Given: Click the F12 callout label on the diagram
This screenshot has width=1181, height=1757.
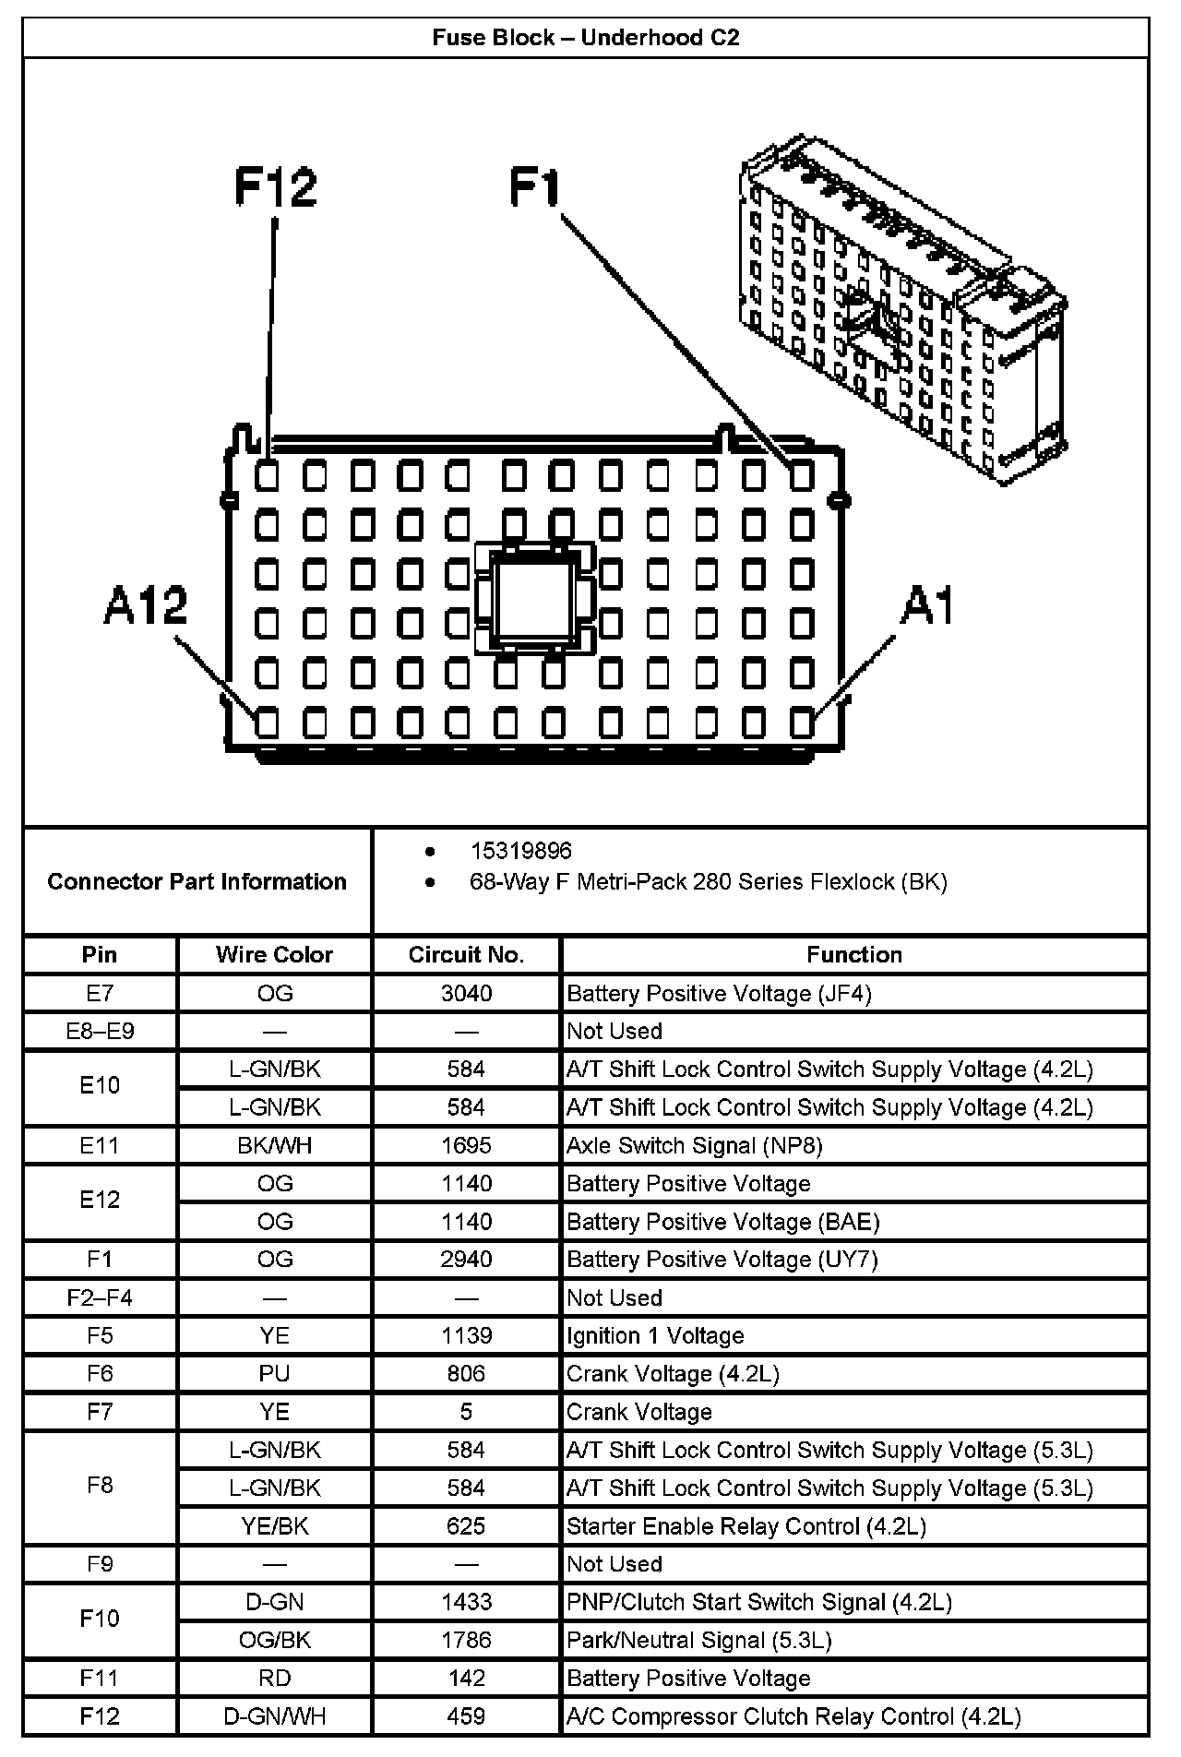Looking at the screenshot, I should [275, 186].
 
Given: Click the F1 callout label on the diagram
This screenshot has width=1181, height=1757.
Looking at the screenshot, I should [535, 186].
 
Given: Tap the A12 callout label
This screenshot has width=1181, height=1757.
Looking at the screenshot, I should [145, 606].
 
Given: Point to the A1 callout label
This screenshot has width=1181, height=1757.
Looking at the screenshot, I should [927, 606].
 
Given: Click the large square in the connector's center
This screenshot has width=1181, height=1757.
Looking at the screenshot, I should [534, 598].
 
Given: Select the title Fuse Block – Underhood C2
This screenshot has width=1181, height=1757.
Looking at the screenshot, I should [586, 38].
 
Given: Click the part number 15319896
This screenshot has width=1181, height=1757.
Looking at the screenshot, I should [520, 851].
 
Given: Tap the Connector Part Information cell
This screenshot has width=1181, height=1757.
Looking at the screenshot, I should [197, 881].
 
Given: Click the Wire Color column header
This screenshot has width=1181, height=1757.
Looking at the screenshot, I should [274, 954].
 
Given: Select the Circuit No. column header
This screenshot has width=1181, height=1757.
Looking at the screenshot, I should [466, 954].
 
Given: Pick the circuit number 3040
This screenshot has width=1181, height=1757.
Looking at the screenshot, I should [466, 993].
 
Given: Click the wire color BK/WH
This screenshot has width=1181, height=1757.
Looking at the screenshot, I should [274, 1145].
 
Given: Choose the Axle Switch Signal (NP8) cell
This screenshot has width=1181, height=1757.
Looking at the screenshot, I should [694, 1145].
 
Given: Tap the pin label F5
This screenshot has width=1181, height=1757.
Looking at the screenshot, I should [100, 1335].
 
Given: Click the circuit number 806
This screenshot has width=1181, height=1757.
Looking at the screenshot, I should [466, 1373].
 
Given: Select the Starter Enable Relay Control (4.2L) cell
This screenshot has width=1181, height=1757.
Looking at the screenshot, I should [746, 1525].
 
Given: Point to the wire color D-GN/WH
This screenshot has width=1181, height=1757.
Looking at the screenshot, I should [274, 1715].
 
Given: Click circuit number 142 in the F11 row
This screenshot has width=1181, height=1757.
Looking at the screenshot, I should [466, 1678].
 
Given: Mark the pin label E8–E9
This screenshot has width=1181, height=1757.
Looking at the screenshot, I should [100, 1031].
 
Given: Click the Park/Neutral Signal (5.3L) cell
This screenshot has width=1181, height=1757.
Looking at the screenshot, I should [698, 1640].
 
